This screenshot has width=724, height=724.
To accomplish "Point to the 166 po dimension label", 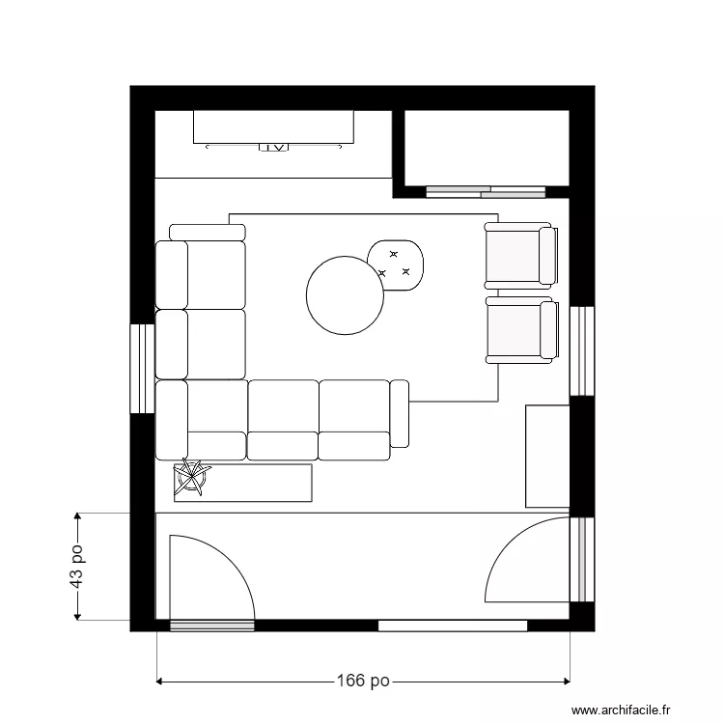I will pos(363,681).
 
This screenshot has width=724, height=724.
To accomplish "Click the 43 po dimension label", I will pos(77,566).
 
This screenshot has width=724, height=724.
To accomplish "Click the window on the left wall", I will pos(142,368).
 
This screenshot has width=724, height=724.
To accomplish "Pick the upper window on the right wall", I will pos(582,351).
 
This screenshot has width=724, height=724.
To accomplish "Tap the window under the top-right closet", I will pos(486,191).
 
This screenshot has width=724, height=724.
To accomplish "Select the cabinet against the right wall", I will pos(546,456).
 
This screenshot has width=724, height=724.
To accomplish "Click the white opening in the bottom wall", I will pos(453,626).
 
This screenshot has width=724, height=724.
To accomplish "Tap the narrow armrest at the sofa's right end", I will pos(400,414).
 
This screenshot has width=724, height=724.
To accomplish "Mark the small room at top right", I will pos(487,147).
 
